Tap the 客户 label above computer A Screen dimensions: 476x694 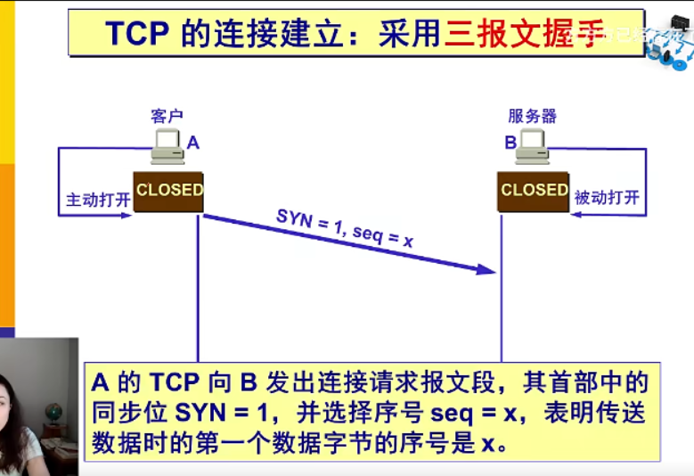click(x=167, y=116)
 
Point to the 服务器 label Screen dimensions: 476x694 click(x=532, y=116)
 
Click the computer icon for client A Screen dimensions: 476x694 click(x=167, y=146)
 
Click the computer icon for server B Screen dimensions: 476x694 click(x=533, y=146)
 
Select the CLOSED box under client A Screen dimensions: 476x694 click(x=168, y=191)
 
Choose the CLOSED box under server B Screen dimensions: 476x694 click(x=533, y=191)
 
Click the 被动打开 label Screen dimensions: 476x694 click(x=607, y=198)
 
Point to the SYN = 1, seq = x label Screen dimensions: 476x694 click(x=345, y=228)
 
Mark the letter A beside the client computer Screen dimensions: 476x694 click(x=193, y=143)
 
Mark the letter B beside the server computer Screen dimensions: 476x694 click(x=510, y=143)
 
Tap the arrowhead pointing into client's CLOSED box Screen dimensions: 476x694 click(x=127, y=214)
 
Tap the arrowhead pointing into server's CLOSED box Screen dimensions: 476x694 click(x=576, y=214)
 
